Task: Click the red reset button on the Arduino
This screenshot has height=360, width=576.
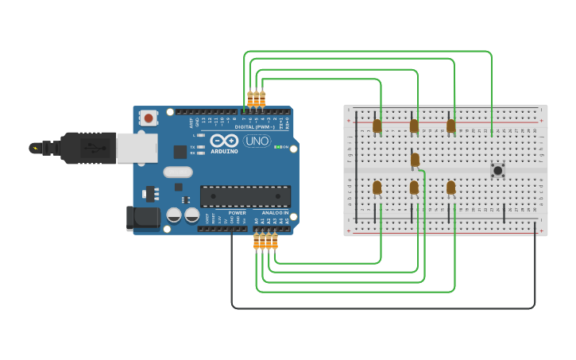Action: click(148, 118)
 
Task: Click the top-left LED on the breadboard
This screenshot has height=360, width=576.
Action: click(377, 126)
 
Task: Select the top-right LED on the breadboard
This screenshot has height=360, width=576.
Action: click(450, 126)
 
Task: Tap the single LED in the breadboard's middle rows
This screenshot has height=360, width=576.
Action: click(415, 160)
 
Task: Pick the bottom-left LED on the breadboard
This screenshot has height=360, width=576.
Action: click(377, 188)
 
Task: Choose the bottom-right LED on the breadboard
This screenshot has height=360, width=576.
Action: click(450, 188)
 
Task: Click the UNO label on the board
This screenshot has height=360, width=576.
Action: click(257, 141)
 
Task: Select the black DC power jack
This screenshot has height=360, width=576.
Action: click(141, 219)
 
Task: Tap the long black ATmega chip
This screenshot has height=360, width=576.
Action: click(245, 196)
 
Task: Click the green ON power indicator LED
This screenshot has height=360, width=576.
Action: click(276, 147)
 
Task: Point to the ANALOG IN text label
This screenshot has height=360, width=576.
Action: click(270, 213)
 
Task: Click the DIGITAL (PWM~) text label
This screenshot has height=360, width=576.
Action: click(254, 127)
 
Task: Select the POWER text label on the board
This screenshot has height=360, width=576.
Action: click(237, 213)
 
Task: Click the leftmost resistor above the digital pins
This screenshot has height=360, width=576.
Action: click(250, 99)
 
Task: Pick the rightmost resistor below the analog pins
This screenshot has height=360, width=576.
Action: click(275, 241)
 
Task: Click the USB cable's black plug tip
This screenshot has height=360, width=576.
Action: click(35, 148)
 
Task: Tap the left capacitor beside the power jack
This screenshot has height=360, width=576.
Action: click(174, 215)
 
